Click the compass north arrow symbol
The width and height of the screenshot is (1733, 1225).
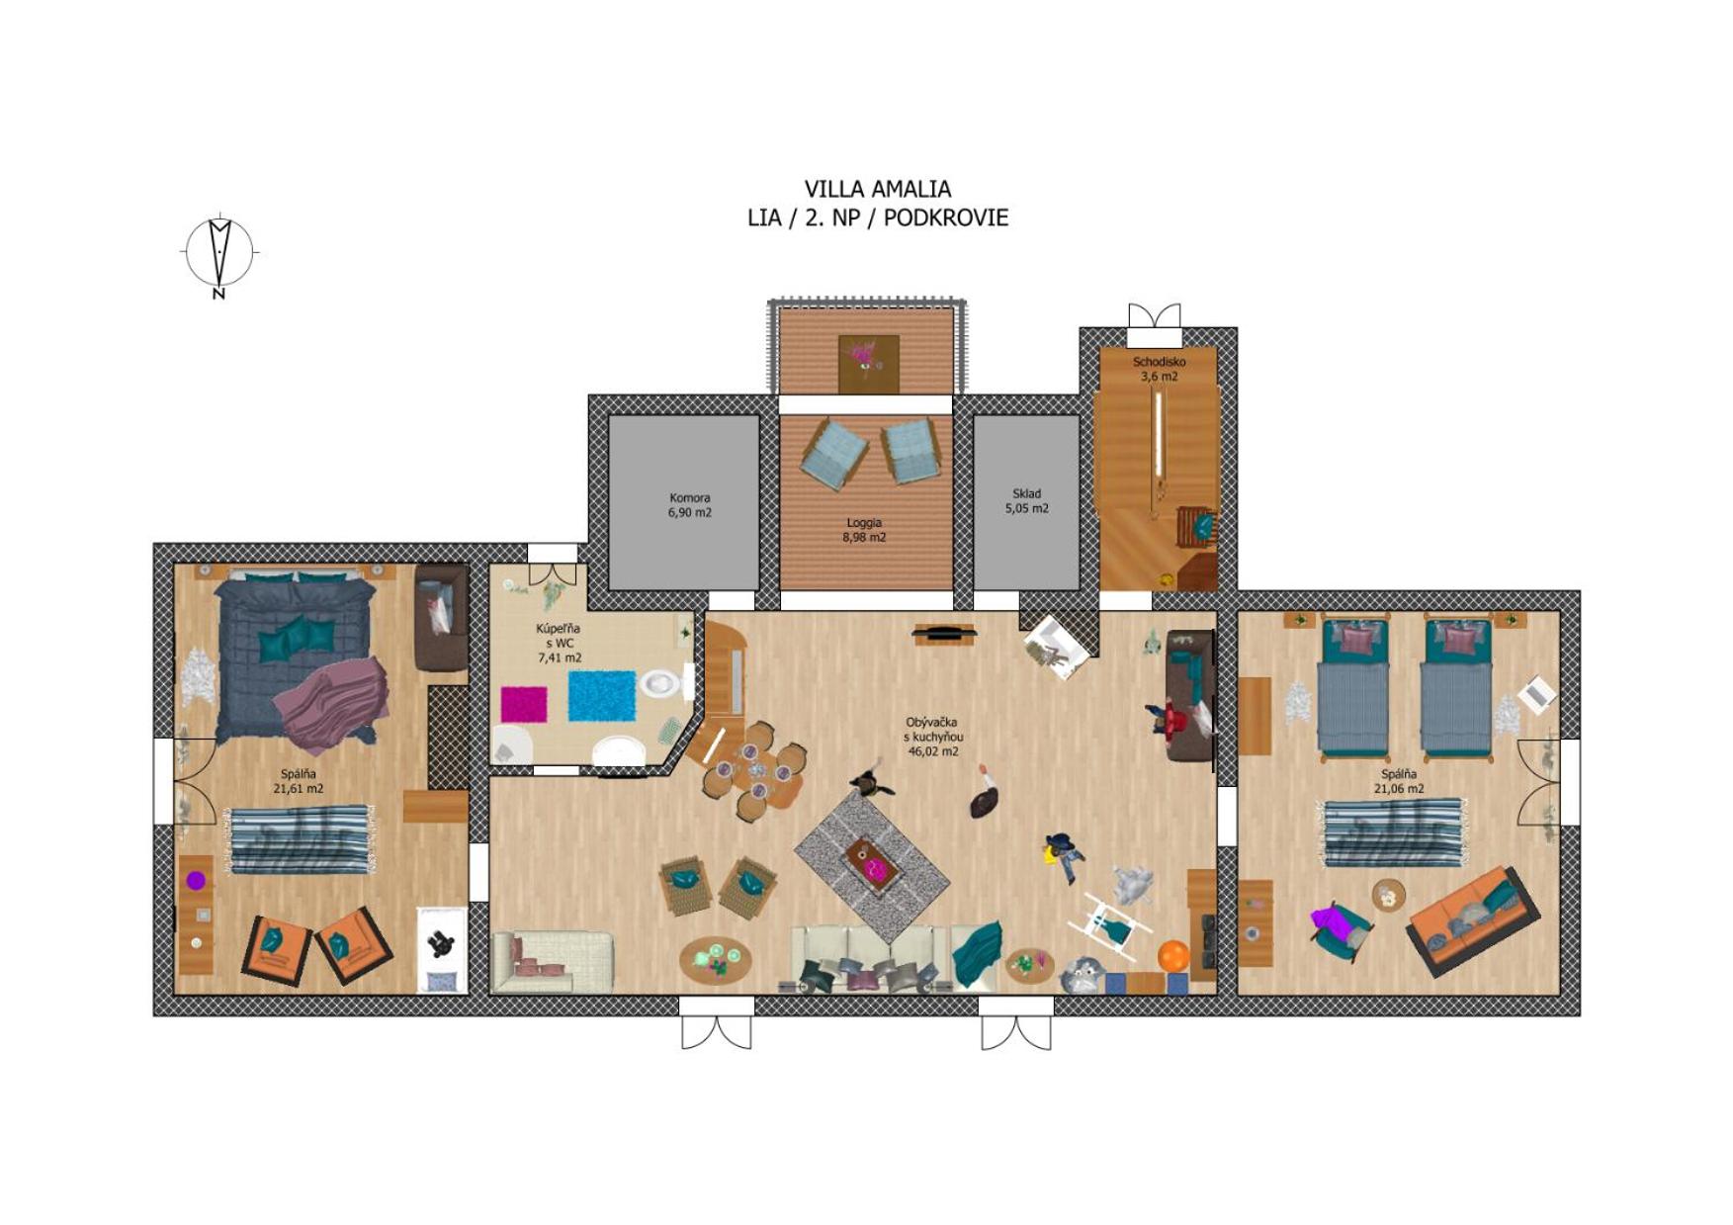(x=219, y=255)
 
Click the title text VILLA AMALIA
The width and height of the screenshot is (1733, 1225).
(x=878, y=189)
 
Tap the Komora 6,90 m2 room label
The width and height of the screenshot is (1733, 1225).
(x=689, y=505)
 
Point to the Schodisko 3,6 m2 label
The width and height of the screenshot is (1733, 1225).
(x=1159, y=369)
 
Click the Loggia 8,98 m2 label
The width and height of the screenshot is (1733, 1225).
(x=864, y=530)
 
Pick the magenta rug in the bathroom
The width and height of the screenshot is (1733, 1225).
(x=524, y=704)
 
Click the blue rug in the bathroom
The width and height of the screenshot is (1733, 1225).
(x=602, y=696)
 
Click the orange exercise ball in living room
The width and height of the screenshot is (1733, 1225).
(x=1172, y=956)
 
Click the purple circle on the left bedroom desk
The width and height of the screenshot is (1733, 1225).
(x=196, y=880)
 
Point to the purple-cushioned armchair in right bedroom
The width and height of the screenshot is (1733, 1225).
(x=1340, y=929)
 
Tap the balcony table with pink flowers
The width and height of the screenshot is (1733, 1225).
(x=869, y=364)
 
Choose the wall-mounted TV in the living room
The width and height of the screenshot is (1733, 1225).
(x=944, y=631)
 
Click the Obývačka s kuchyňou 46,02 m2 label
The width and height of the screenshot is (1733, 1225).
(x=933, y=737)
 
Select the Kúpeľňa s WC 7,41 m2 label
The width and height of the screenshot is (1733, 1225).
(x=559, y=643)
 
